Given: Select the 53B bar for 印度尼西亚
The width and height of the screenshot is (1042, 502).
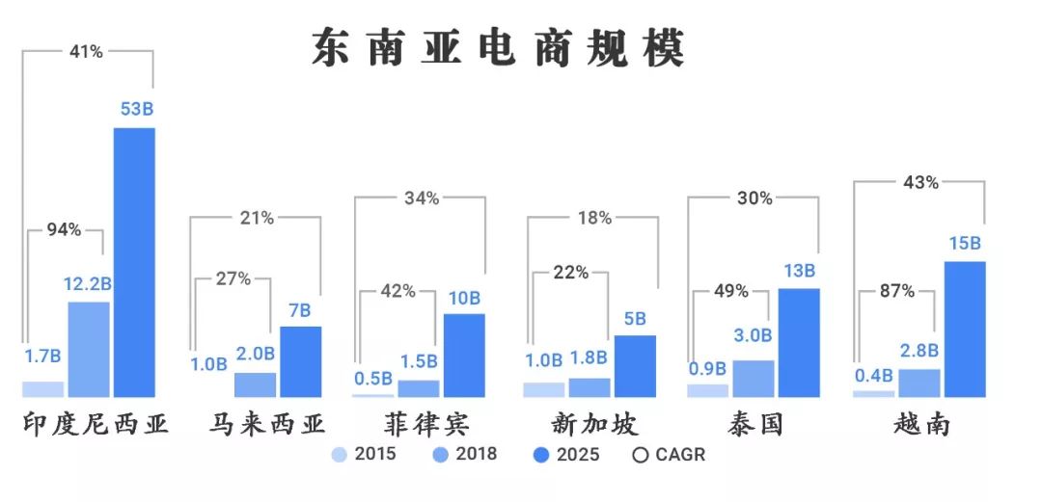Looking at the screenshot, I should tap(134, 261).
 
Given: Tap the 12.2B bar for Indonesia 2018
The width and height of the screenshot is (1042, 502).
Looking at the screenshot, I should tap(88, 349).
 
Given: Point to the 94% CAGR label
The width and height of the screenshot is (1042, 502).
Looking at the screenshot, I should tap(65, 231).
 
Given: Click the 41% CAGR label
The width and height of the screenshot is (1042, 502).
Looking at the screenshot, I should tap(86, 52).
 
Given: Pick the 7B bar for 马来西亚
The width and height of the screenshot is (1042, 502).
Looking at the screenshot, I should tap(300, 361).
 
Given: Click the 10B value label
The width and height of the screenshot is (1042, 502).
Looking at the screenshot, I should tap(464, 298).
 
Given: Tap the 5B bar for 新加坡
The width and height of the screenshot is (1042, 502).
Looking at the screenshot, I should tap(635, 365).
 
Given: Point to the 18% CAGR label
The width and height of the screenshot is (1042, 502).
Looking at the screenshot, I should tap(593, 218).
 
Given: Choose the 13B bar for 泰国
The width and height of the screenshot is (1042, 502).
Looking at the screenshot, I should tap(798, 342).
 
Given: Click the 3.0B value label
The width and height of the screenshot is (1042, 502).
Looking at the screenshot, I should tap(753, 335).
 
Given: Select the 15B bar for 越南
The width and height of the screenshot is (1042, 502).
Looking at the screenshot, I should tap(964, 329).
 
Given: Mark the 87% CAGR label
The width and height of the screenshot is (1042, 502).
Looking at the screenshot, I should tap(896, 291).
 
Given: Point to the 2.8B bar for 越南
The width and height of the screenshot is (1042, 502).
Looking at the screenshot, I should tap(919, 382).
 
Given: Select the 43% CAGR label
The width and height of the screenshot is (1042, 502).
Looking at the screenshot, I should tap(919, 182).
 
